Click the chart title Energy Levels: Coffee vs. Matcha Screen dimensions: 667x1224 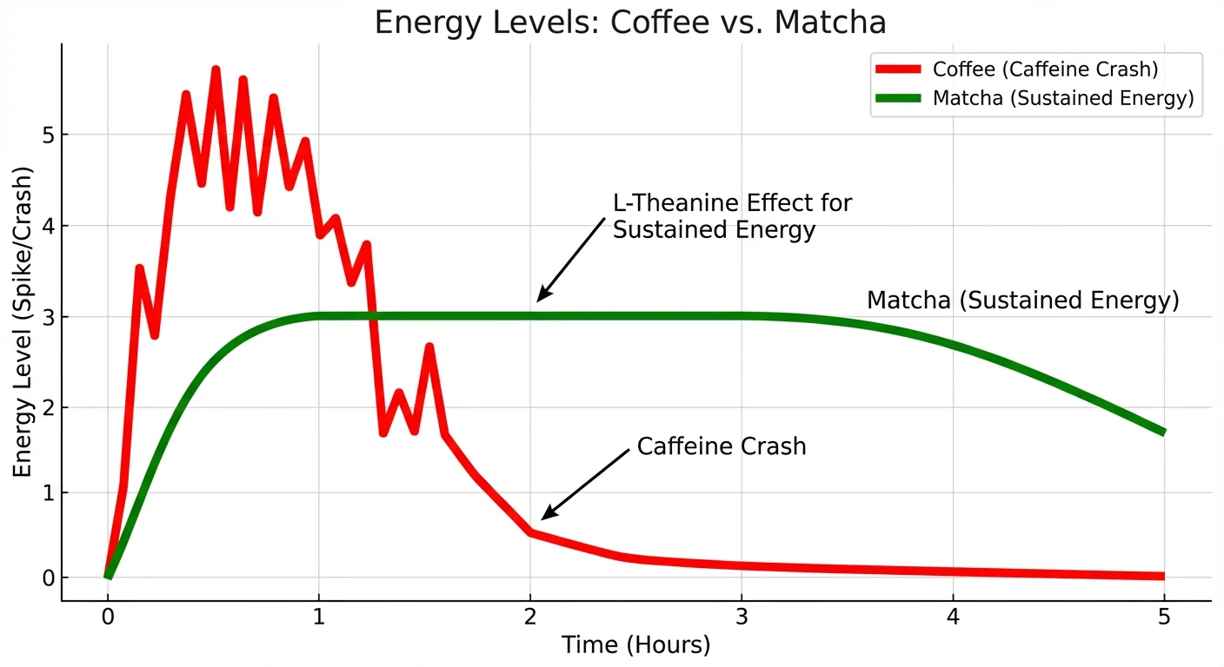coord(629,23)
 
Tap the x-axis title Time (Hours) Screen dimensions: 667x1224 coord(635,645)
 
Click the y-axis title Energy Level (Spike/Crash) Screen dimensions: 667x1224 coord(23,320)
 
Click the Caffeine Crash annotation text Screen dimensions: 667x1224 coord(722,446)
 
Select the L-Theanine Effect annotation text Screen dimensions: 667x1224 coord(732,216)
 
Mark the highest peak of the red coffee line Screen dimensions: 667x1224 coord(216,69)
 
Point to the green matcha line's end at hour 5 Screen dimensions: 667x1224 coord(1162,432)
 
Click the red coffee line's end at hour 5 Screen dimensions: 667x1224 coord(1162,576)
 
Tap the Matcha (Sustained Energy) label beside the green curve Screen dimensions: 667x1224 coord(1022,300)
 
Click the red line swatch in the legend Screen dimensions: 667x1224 coord(898,69)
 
